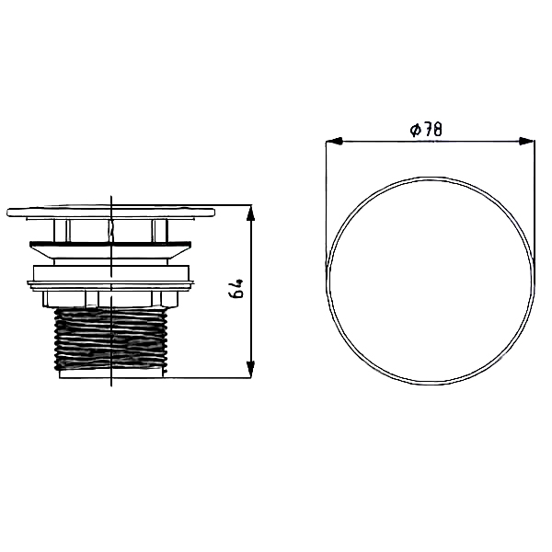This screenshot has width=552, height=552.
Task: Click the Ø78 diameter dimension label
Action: click(x=426, y=130)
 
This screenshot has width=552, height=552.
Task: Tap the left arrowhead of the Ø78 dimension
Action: click(x=334, y=141)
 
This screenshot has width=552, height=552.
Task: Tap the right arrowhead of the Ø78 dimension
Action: click(x=526, y=141)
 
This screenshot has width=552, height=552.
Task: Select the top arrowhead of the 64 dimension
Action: click(x=250, y=213)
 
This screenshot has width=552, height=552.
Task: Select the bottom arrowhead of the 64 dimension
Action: click(x=250, y=370)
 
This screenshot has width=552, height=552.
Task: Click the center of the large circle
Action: click(x=431, y=281)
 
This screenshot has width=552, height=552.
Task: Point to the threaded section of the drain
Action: click(x=111, y=339)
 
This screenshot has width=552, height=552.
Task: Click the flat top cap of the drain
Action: click(x=111, y=213)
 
